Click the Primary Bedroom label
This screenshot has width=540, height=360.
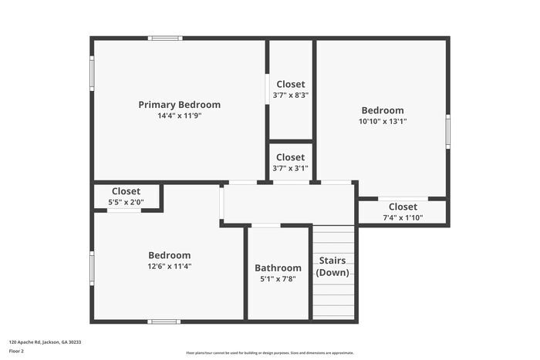(179, 105)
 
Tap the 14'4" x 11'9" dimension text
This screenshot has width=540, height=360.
(179, 116)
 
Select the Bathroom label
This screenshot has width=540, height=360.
(278, 268)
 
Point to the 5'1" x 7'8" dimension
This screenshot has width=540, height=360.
(278, 279)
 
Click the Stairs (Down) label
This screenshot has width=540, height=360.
(332, 266)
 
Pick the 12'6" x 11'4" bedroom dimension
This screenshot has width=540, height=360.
(169, 267)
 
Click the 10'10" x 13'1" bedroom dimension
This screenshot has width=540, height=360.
(382, 121)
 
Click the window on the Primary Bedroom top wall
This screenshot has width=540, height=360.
(165, 38)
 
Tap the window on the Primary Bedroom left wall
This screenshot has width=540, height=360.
(92, 73)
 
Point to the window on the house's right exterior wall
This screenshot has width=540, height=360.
(447, 132)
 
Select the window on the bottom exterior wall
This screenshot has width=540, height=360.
(164, 321)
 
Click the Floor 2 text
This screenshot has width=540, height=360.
(16, 351)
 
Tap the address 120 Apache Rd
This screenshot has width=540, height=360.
(45, 341)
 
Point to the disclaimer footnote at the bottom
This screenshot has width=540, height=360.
(258, 353)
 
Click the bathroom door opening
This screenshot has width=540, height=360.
(266, 225)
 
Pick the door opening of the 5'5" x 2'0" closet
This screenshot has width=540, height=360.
(123, 210)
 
